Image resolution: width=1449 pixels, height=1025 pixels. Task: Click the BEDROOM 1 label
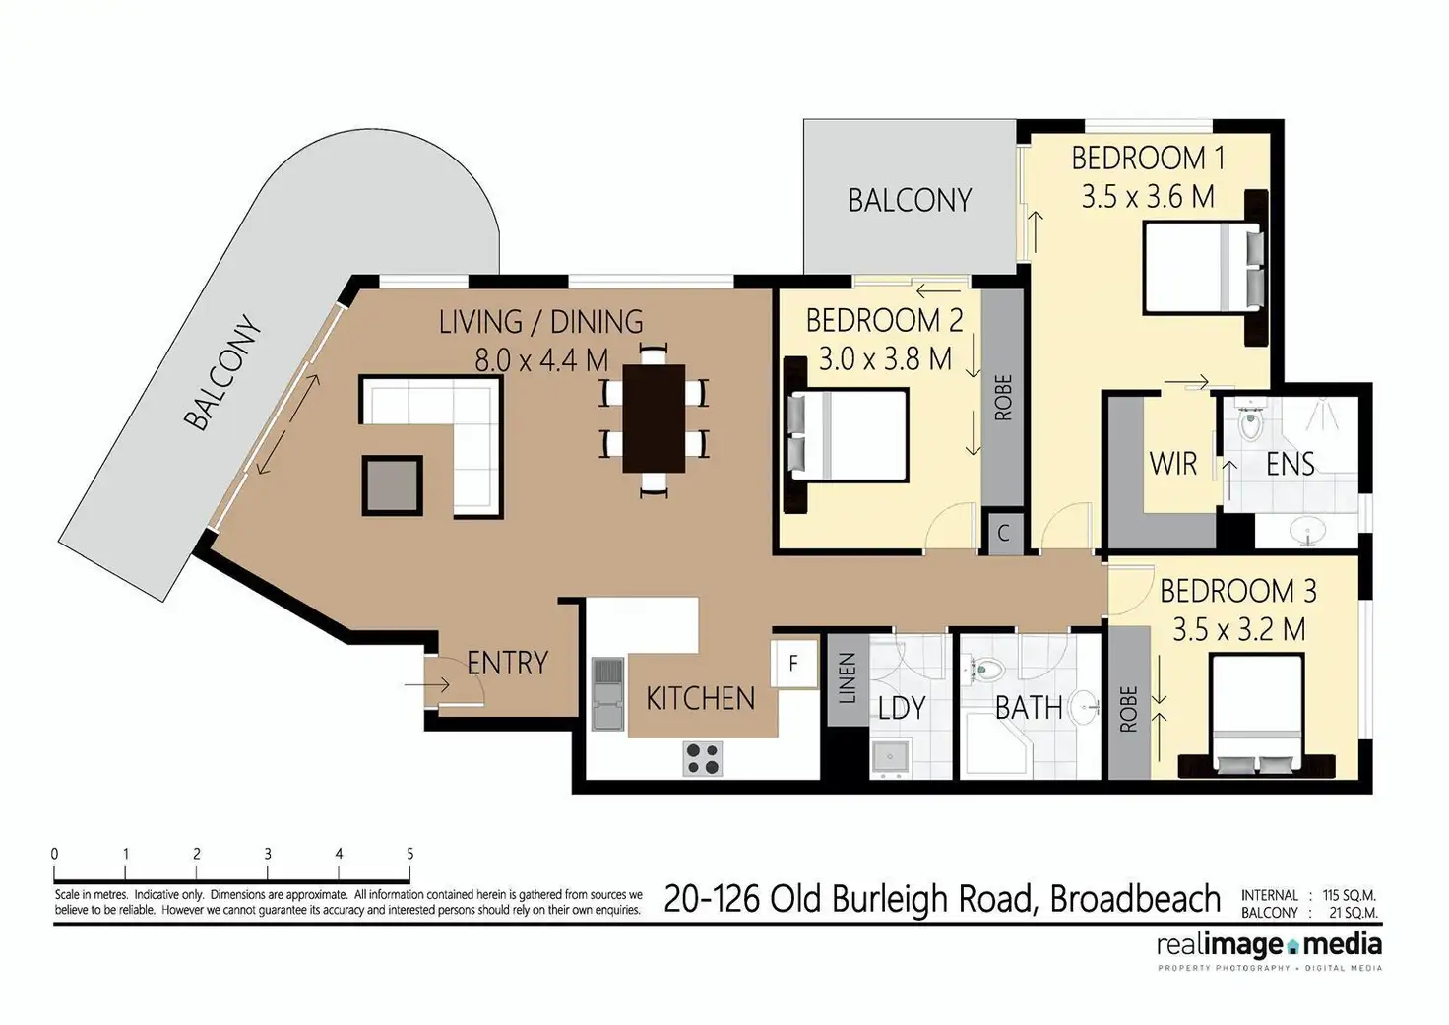1148,158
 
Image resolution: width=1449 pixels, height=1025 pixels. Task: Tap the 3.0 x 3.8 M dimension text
885,358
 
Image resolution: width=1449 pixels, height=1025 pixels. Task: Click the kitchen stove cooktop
703,758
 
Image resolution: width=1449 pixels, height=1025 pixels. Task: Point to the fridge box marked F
793,663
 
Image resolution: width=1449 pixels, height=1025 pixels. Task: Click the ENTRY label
507,663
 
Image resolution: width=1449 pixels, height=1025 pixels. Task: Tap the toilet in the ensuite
1250,424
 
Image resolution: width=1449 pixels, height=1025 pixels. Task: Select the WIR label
1173,463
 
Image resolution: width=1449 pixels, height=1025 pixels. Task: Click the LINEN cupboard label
848,678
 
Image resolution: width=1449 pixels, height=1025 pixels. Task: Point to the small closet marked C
1004,534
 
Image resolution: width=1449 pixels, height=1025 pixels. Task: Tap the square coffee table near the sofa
393,485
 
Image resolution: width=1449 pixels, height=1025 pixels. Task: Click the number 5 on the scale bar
409,854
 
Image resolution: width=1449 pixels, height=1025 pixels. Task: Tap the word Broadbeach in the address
1135,898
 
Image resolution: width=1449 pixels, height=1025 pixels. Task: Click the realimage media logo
1269,947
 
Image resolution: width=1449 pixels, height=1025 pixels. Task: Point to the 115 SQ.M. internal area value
1349,895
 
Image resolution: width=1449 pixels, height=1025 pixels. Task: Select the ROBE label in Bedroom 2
1003,398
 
